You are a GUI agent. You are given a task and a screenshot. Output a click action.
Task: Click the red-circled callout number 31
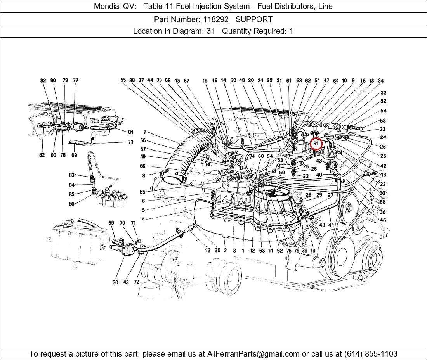click(316, 144)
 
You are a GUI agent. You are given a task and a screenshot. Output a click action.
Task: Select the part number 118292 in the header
click(215, 19)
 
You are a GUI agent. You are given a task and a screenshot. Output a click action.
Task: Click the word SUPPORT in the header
click(254, 19)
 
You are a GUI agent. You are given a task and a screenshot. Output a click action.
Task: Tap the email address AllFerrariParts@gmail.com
click(253, 353)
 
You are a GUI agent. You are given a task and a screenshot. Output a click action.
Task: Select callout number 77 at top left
click(75, 80)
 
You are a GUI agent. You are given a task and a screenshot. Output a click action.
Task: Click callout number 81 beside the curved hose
click(130, 132)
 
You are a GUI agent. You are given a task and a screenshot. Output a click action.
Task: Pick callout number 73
click(130, 142)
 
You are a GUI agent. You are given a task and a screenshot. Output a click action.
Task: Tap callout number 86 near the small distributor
click(71, 204)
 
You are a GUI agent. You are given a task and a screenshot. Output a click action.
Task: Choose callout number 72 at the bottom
click(136, 282)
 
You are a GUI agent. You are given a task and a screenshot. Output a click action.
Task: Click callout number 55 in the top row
click(123, 80)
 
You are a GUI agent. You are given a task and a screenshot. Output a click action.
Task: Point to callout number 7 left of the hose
click(144, 133)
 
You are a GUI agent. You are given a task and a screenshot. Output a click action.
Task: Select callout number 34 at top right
click(381, 81)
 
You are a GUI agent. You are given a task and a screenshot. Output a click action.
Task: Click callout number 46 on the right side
click(383, 220)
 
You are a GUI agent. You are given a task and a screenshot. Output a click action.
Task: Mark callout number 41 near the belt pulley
click(331, 225)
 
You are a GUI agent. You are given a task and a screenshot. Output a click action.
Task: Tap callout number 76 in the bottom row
click(289, 251)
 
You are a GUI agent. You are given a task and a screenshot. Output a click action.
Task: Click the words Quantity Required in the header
click(254, 31)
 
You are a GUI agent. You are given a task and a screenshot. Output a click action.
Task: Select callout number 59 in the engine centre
click(282, 173)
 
